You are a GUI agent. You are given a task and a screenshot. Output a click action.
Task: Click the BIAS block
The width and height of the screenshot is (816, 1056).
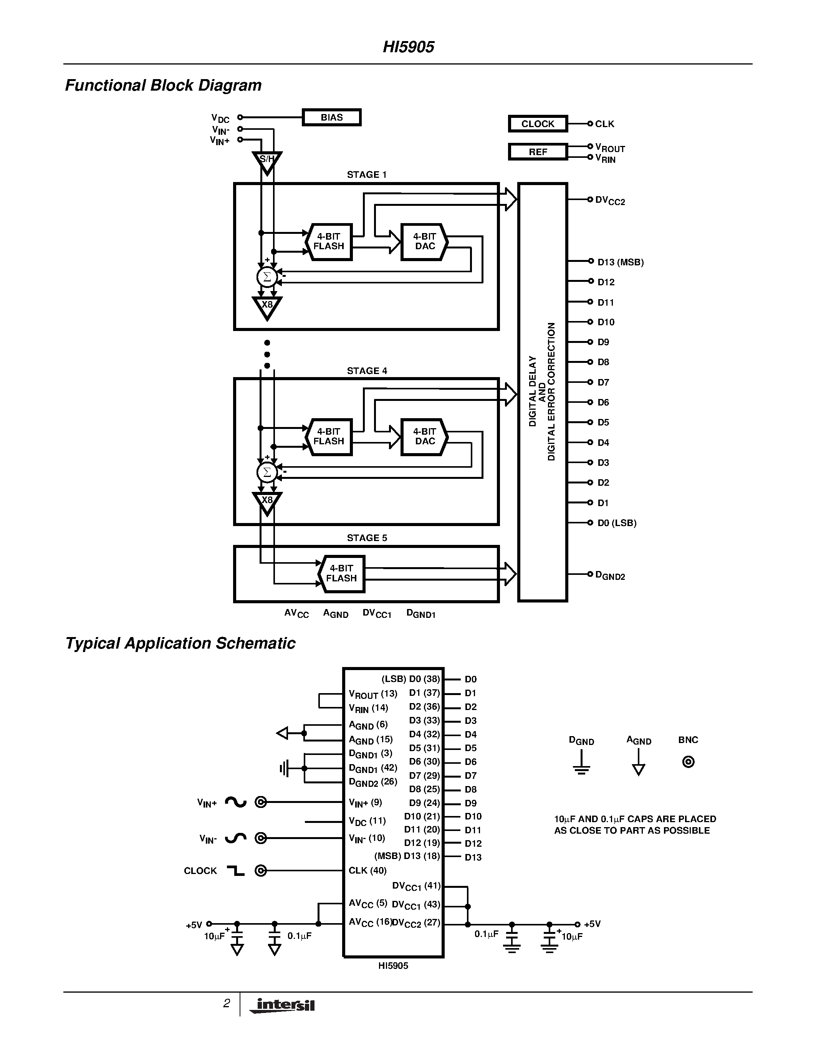[332, 118]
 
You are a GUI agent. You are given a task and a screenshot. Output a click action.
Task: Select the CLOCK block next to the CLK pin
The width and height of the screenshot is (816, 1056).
[538, 124]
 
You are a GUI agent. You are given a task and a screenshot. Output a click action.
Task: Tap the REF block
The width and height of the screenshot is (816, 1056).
[538, 152]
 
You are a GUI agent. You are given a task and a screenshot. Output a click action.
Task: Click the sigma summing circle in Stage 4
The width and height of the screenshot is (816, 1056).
[267, 472]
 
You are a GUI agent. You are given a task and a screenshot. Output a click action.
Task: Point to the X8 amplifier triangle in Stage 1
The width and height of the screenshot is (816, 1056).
[267, 306]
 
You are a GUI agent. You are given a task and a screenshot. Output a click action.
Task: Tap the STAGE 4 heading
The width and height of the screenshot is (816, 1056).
[367, 371]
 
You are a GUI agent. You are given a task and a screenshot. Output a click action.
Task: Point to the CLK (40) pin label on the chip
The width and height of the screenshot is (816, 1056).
[367, 870]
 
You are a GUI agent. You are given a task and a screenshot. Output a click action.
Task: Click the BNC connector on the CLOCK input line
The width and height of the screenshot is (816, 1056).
[261, 871]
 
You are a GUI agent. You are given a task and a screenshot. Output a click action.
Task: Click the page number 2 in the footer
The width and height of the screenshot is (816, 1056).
[226, 1003]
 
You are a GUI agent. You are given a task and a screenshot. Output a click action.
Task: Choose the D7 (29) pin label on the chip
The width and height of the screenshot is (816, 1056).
[424, 776]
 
